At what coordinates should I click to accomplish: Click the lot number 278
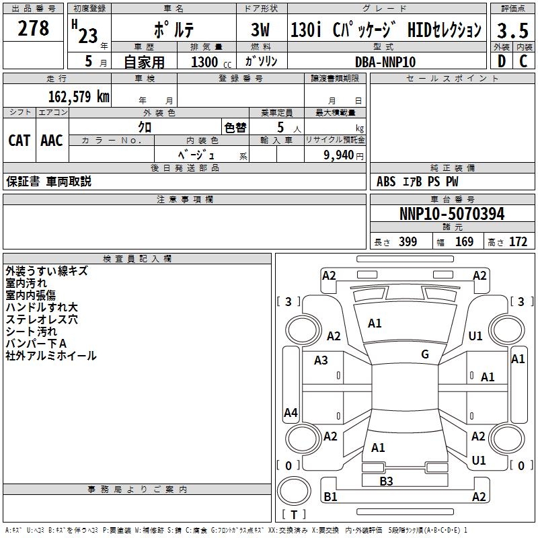34,29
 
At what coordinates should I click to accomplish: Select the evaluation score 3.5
512,30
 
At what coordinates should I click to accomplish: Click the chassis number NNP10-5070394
451,215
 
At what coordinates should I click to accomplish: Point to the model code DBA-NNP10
385,61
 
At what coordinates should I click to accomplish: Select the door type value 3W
260,30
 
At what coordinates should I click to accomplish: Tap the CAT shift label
19,140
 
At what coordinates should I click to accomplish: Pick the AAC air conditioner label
51,140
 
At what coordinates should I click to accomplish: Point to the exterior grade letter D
500,61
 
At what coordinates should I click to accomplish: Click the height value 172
518,242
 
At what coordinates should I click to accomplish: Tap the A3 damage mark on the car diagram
321,360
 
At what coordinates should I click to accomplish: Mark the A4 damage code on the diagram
291,413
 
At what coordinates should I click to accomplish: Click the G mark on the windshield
425,354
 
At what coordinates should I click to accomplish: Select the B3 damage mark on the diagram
386,481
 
